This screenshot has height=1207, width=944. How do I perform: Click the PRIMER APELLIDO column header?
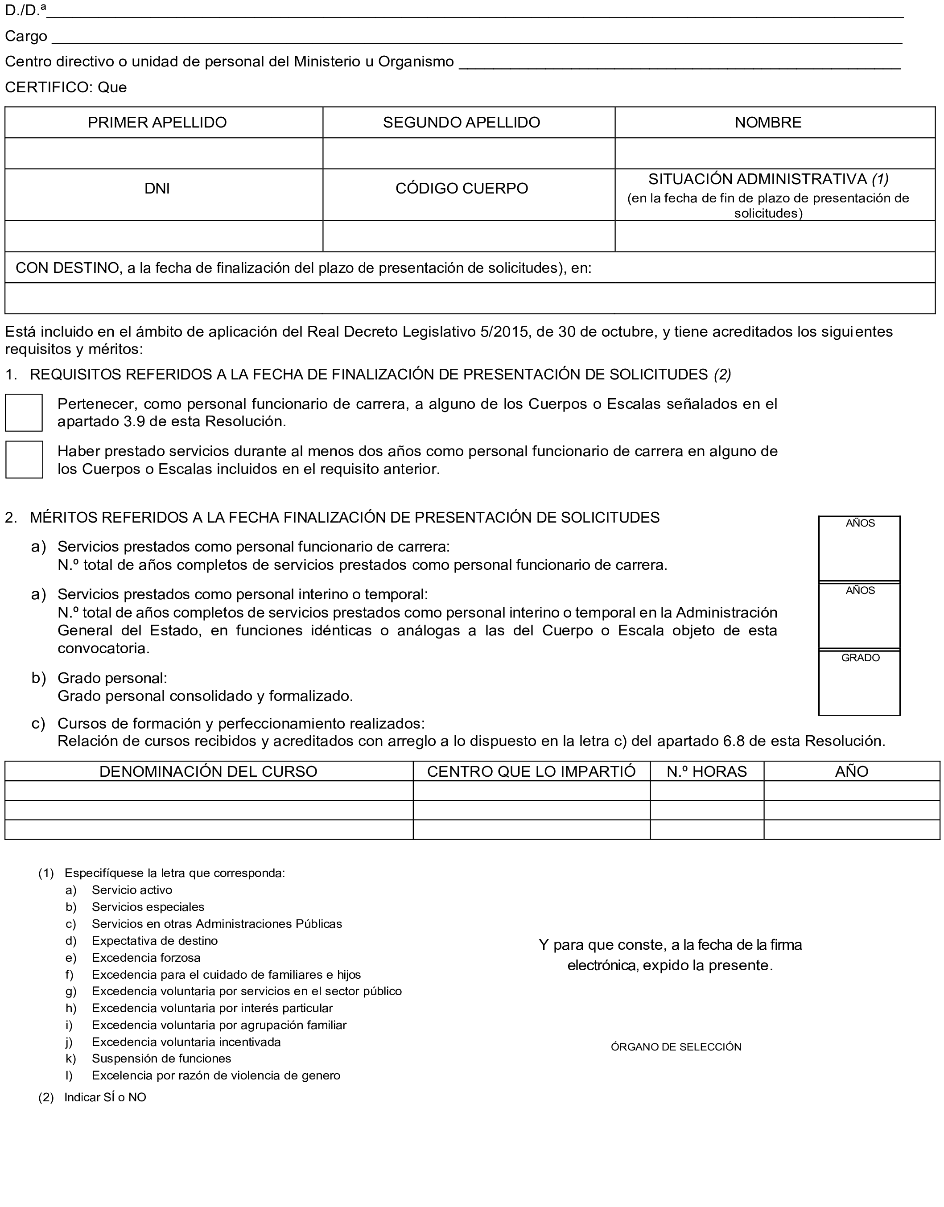pos(157,122)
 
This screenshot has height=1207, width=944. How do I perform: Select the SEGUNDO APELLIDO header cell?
pos(462,122)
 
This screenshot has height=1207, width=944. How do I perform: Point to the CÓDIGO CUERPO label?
pos(462,189)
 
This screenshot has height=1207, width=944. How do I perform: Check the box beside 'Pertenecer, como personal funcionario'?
pos(24,412)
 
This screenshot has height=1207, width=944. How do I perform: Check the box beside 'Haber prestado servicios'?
pos(24,459)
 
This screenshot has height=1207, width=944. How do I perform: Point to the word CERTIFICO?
pos(48,87)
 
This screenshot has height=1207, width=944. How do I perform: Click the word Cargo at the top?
pos(26,37)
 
